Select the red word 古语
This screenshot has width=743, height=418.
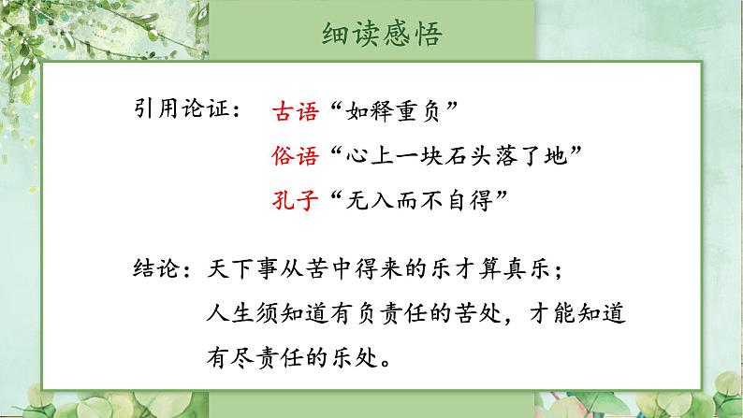point(292,112)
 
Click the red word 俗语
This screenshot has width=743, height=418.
point(292,155)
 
